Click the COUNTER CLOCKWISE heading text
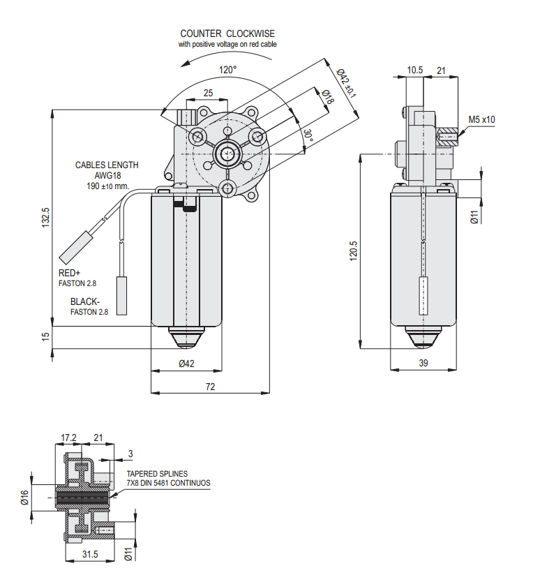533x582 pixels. pyautogui.click(x=227, y=33)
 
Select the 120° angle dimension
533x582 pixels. pyautogui.click(x=227, y=70)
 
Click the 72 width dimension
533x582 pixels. pyautogui.click(x=211, y=386)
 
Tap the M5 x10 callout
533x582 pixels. pyautogui.click(x=481, y=119)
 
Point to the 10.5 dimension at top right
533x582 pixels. pyautogui.click(x=415, y=70)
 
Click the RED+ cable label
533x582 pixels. pyautogui.click(x=70, y=274)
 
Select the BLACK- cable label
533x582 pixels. pyautogui.click(x=84, y=302)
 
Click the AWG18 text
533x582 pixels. pyautogui.click(x=107, y=176)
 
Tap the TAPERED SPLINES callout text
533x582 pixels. pyautogui.click(x=156, y=473)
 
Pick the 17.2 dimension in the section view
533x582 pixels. pyautogui.click(x=68, y=438)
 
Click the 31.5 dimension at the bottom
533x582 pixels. pyautogui.click(x=90, y=554)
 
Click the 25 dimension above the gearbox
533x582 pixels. pyautogui.click(x=208, y=93)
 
